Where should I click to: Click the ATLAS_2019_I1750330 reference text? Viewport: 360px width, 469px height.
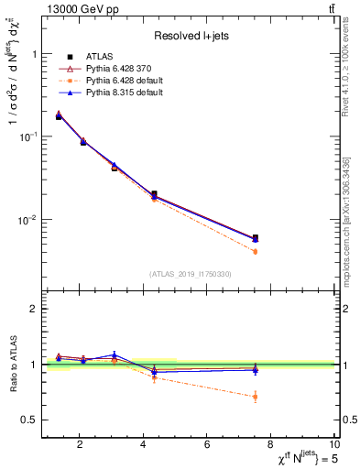tap(191, 274)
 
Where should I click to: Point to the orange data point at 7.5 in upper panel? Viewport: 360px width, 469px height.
tap(255, 251)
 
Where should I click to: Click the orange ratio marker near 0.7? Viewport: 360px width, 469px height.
tap(255, 397)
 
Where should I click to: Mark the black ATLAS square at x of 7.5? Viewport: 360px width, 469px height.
tap(255, 237)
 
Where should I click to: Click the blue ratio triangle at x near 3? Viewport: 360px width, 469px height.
tap(115, 354)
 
